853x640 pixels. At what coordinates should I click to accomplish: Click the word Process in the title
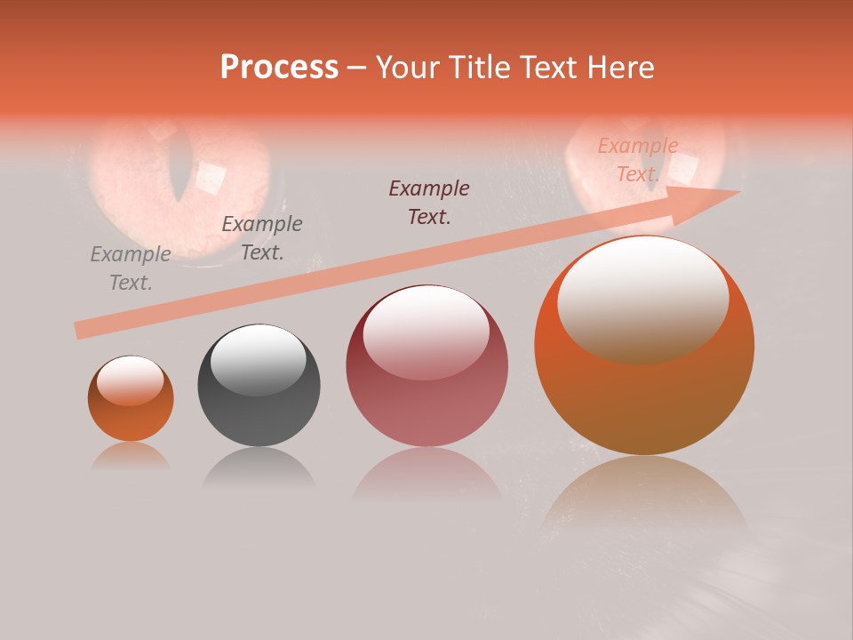click(279, 68)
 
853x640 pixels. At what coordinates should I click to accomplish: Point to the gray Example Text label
click(131, 268)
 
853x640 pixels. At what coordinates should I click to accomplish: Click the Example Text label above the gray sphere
click(262, 238)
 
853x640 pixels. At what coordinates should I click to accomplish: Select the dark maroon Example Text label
click(429, 203)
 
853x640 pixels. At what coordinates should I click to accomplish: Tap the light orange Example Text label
click(638, 160)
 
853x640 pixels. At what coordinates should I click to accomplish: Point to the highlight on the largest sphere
click(644, 298)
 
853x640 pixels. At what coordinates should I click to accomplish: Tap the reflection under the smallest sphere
click(131, 456)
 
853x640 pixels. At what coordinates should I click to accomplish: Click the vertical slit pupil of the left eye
click(181, 169)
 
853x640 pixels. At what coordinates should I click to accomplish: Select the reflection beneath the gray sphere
click(259, 468)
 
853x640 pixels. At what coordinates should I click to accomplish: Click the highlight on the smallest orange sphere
click(131, 380)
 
